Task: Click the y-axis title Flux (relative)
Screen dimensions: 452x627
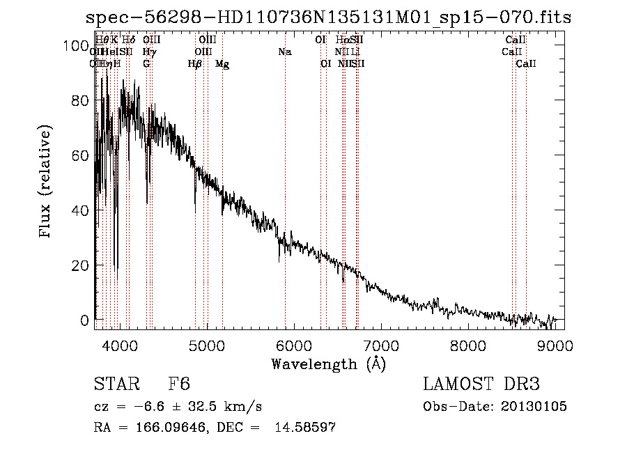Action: pyautogui.click(x=46, y=182)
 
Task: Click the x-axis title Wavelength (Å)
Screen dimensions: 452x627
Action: pyautogui.click(x=328, y=364)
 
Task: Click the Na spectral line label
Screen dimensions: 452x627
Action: pyautogui.click(x=284, y=52)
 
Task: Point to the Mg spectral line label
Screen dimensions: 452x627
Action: pyautogui.click(x=222, y=64)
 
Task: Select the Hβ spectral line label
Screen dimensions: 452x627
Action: pyautogui.click(x=195, y=64)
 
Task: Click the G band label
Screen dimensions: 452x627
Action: pyautogui.click(x=146, y=64)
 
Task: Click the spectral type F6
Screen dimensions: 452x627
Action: pyautogui.click(x=179, y=384)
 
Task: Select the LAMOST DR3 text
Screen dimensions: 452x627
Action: pyautogui.click(x=481, y=384)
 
